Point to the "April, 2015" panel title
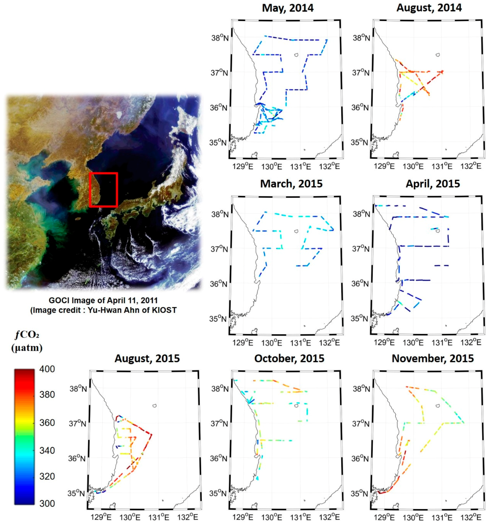click(433, 184)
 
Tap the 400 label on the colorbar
click(47, 369)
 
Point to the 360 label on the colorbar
click(47, 423)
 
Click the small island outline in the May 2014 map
click(296, 55)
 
